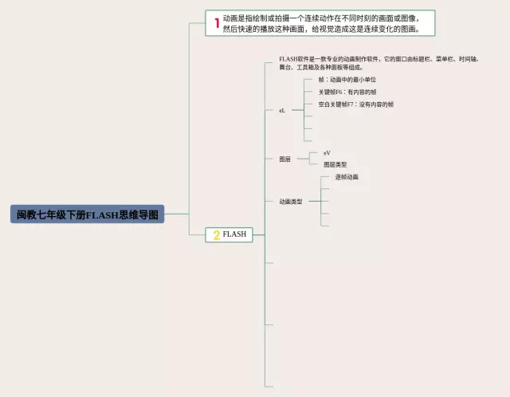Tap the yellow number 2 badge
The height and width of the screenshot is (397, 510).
pyautogui.click(x=216, y=235)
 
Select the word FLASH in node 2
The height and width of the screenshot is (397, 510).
pyautogui.click(x=234, y=234)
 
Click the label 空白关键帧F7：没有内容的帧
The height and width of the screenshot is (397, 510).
pyautogui.click(x=355, y=104)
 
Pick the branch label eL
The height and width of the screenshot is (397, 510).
pyautogui.click(x=282, y=111)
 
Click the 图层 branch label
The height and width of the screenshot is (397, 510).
pyautogui.click(x=284, y=159)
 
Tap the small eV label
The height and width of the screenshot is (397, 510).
pyautogui.click(x=327, y=152)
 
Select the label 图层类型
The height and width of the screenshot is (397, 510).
pyautogui.click(x=335, y=164)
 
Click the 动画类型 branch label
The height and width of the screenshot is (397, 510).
pyautogui.click(x=291, y=202)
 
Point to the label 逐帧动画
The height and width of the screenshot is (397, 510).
pyautogui.click(x=346, y=177)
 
